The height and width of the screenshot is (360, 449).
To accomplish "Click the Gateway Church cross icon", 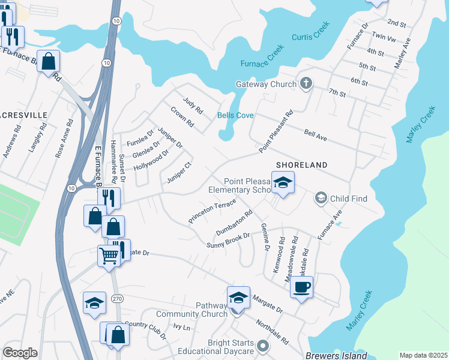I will click(306, 83).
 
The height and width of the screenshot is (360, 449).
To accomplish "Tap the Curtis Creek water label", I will click(311, 37).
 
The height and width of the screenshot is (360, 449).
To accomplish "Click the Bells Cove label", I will click(235, 115).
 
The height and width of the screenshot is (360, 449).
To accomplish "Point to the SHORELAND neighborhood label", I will click(301, 165).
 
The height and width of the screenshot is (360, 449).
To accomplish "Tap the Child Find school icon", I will click(321, 197).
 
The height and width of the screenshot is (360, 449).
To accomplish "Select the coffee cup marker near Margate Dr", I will click(302, 286).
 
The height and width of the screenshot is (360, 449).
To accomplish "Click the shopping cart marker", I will click(109, 256).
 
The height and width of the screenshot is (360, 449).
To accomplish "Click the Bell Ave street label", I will click(315, 136).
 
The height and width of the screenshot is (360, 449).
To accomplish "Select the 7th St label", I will click(337, 93).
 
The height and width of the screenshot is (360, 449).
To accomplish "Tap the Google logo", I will click(20, 353).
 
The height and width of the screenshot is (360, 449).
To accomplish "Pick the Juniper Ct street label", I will click(179, 173).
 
